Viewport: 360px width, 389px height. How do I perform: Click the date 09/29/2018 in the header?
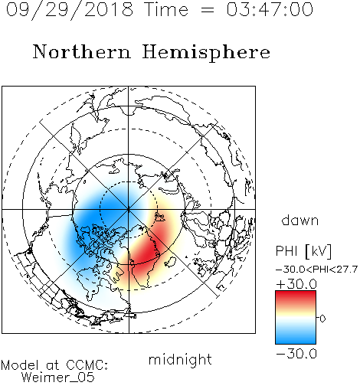click(x=70, y=10)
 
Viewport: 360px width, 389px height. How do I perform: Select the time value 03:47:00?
click(x=270, y=9)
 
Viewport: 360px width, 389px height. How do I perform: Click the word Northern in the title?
click(x=82, y=52)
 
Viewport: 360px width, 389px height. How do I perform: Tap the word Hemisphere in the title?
click(x=206, y=53)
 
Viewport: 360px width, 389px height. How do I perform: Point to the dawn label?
click(x=300, y=220)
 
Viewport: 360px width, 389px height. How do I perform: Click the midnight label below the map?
click(x=180, y=360)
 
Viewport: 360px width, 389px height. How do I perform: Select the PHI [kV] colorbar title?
click(x=303, y=251)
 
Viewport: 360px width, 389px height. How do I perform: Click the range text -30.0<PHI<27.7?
click(x=316, y=270)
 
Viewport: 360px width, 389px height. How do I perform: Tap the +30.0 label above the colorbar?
click(x=296, y=284)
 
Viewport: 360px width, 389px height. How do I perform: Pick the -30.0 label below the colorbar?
click(x=296, y=354)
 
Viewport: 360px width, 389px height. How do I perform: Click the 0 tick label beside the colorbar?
click(x=322, y=319)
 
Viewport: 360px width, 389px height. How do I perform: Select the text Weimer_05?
click(x=58, y=377)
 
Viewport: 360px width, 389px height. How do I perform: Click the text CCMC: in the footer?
click(x=87, y=365)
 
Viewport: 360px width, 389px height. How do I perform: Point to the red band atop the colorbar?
click(x=296, y=296)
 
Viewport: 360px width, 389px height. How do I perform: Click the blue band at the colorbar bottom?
click(x=296, y=338)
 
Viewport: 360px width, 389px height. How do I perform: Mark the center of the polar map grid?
click(x=129, y=209)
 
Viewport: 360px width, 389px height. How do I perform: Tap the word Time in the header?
click(x=166, y=10)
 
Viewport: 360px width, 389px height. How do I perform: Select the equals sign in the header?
click(x=207, y=10)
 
